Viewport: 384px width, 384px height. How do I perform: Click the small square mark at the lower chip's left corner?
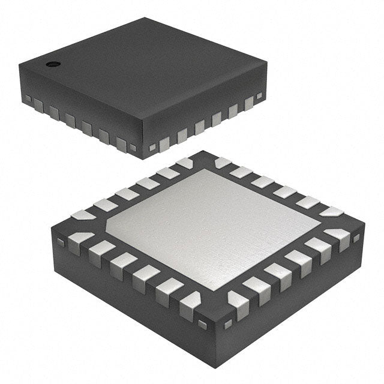60,242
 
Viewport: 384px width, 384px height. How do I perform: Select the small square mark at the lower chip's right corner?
356,238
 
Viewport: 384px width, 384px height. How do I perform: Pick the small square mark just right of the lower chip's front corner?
227,325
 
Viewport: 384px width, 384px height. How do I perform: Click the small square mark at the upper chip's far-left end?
27,98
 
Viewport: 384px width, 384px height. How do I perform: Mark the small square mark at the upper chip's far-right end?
259,95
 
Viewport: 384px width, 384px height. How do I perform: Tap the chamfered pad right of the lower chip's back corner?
223,162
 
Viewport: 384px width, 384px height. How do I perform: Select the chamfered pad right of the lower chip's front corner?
239,304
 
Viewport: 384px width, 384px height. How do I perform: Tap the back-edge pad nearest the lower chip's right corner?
331,211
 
